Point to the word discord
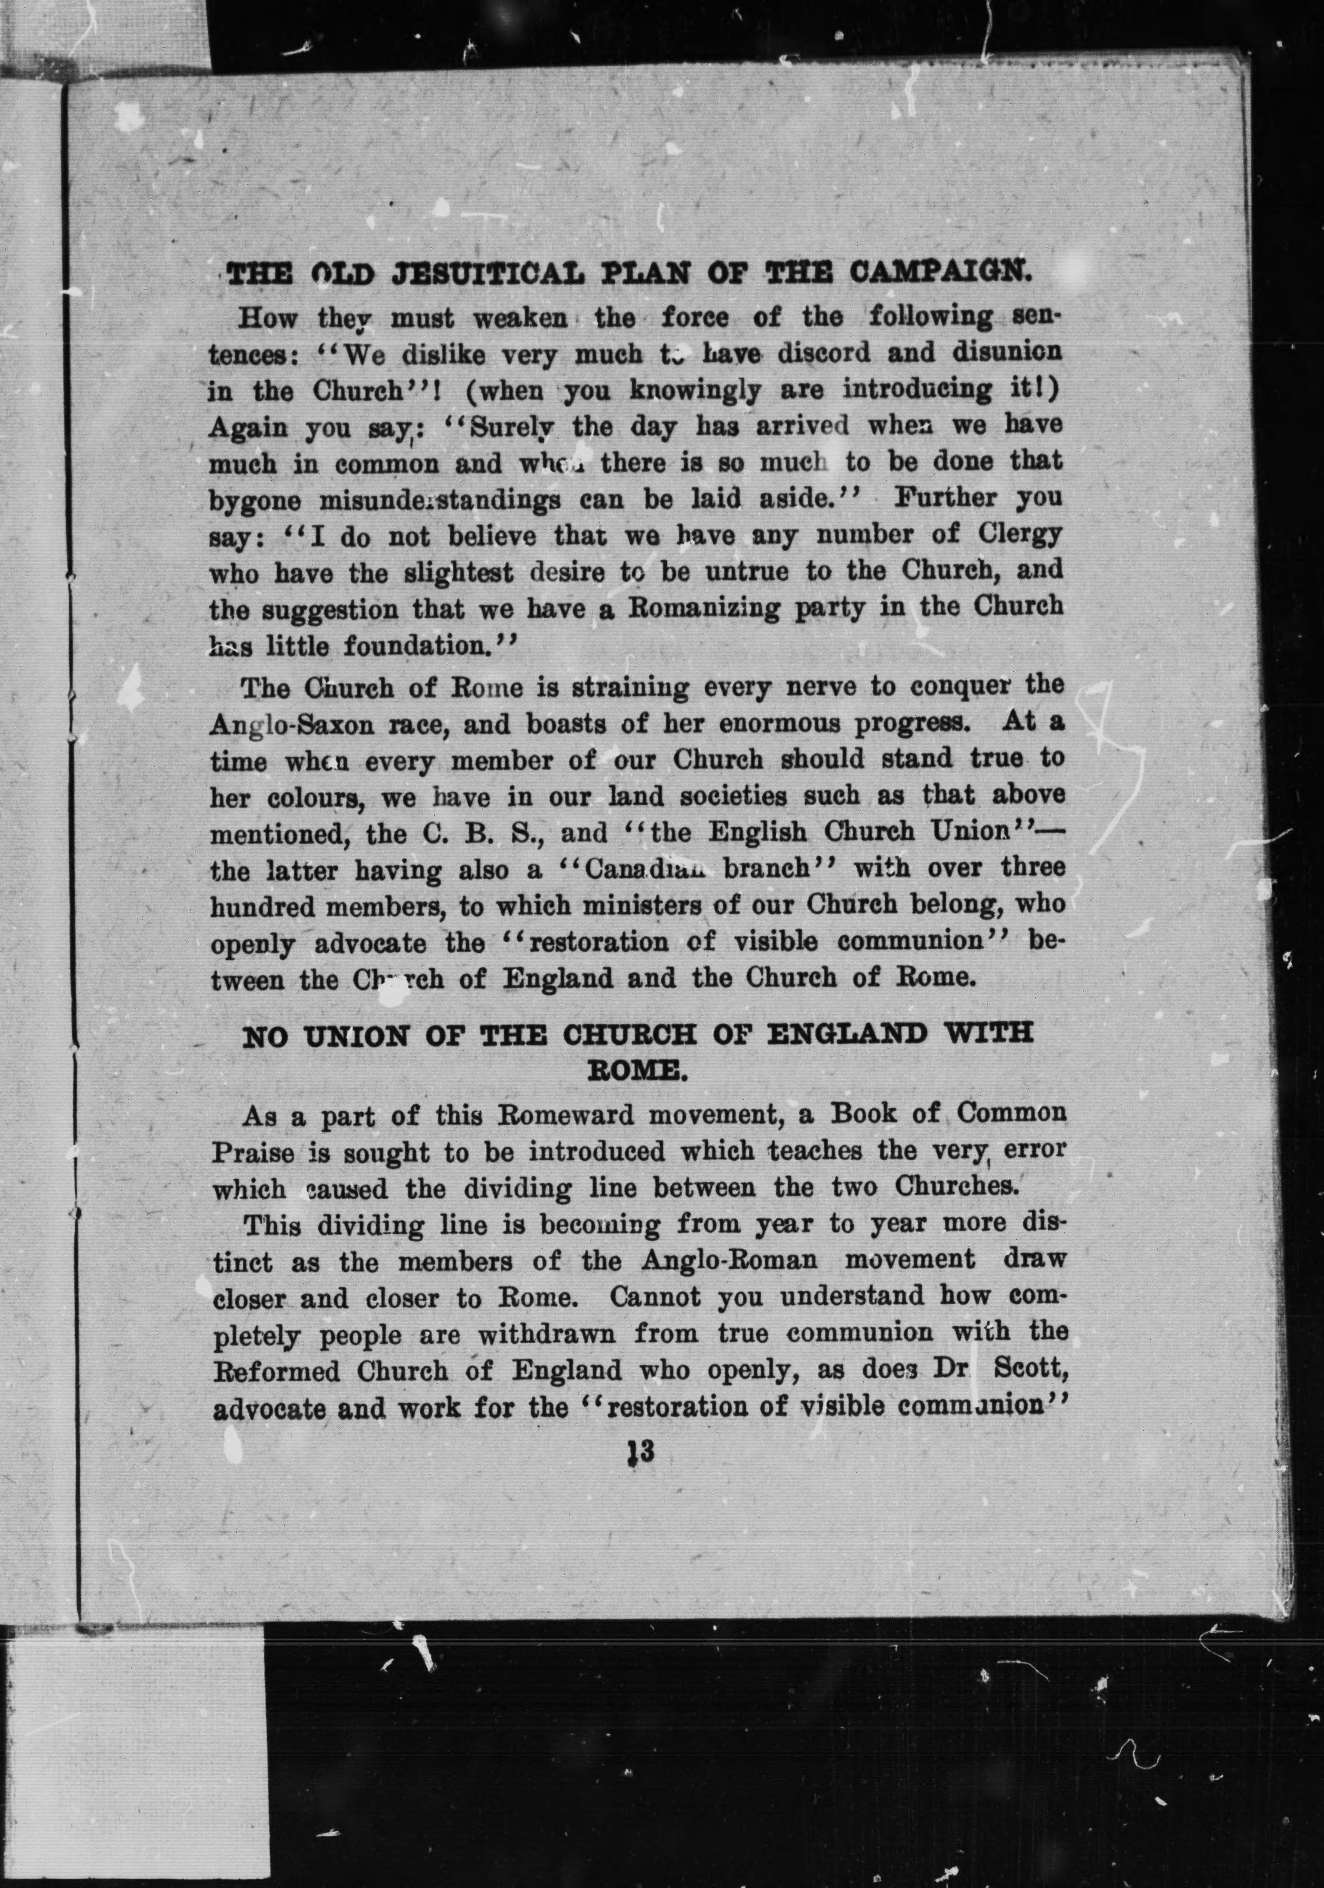(x=829, y=354)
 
